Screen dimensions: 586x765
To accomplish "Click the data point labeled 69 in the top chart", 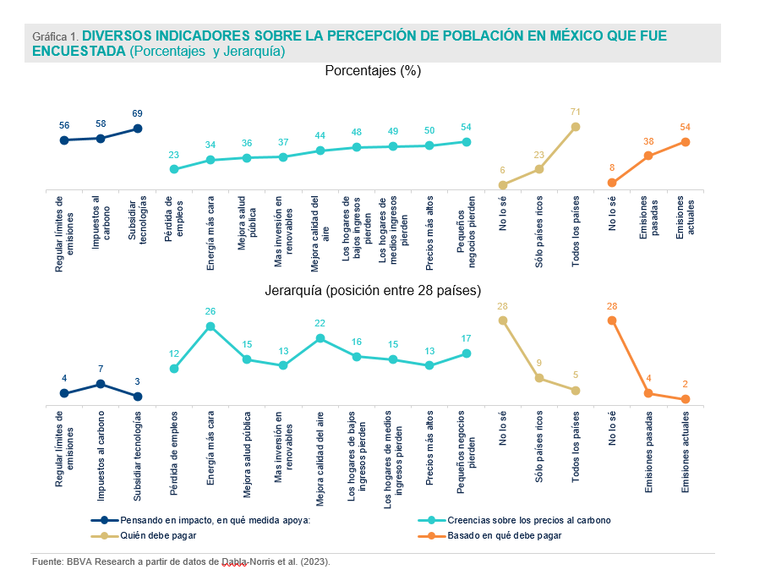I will (138, 129).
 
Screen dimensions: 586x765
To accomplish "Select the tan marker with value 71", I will (576, 127).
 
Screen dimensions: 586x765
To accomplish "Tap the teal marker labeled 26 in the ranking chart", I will (210, 326).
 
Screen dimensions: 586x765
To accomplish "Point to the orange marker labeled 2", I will (686, 399).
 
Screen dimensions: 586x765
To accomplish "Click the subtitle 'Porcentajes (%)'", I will (373, 71).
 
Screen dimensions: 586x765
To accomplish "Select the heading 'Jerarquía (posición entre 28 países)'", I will (373, 290).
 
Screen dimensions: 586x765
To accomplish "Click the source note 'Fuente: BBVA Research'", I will (181, 561).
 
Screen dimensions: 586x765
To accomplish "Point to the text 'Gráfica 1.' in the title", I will (55, 37).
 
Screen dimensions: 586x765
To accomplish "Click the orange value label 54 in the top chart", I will (686, 127).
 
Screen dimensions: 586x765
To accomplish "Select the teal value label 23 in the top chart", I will (174, 155).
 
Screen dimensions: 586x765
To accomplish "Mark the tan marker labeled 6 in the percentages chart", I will (503, 184).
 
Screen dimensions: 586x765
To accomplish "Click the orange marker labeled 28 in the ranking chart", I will (612, 320).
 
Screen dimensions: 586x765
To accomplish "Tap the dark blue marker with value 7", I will (101, 384).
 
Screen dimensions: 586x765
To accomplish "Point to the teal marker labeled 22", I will (320, 338).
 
